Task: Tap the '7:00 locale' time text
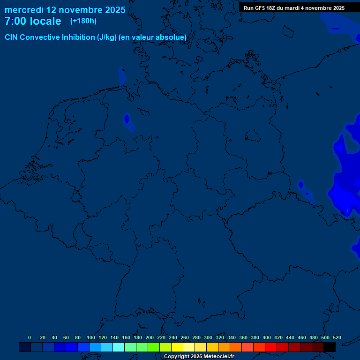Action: pyautogui.click(x=33, y=21)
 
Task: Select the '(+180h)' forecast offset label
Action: pyautogui.click(x=83, y=21)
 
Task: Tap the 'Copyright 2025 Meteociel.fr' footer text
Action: pyautogui.click(x=199, y=357)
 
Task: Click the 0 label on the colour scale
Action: pyautogui.click(x=30, y=337)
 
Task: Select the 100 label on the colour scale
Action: pyautogui.click(x=91, y=337)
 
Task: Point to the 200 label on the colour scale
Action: pyautogui.click(x=150, y=337)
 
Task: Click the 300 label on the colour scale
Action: pyautogui.click(x=208, y=337)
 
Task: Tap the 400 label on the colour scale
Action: pyautogui.click(x=267, y=337)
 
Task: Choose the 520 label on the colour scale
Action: pyautogui.click(x=337, y=337)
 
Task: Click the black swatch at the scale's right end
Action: pyautogui.click(x=330, y=347)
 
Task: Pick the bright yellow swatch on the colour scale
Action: pyautogui.click(x=177, y=347)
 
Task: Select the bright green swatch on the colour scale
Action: pyautogui.click(x=154, y=347)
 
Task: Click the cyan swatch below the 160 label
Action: pyautogui.click(x=119, y=347)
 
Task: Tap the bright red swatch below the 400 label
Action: pyautogui.click(x=271, y=347)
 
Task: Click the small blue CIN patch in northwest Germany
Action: pyautogui.click(x=127, y=120)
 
